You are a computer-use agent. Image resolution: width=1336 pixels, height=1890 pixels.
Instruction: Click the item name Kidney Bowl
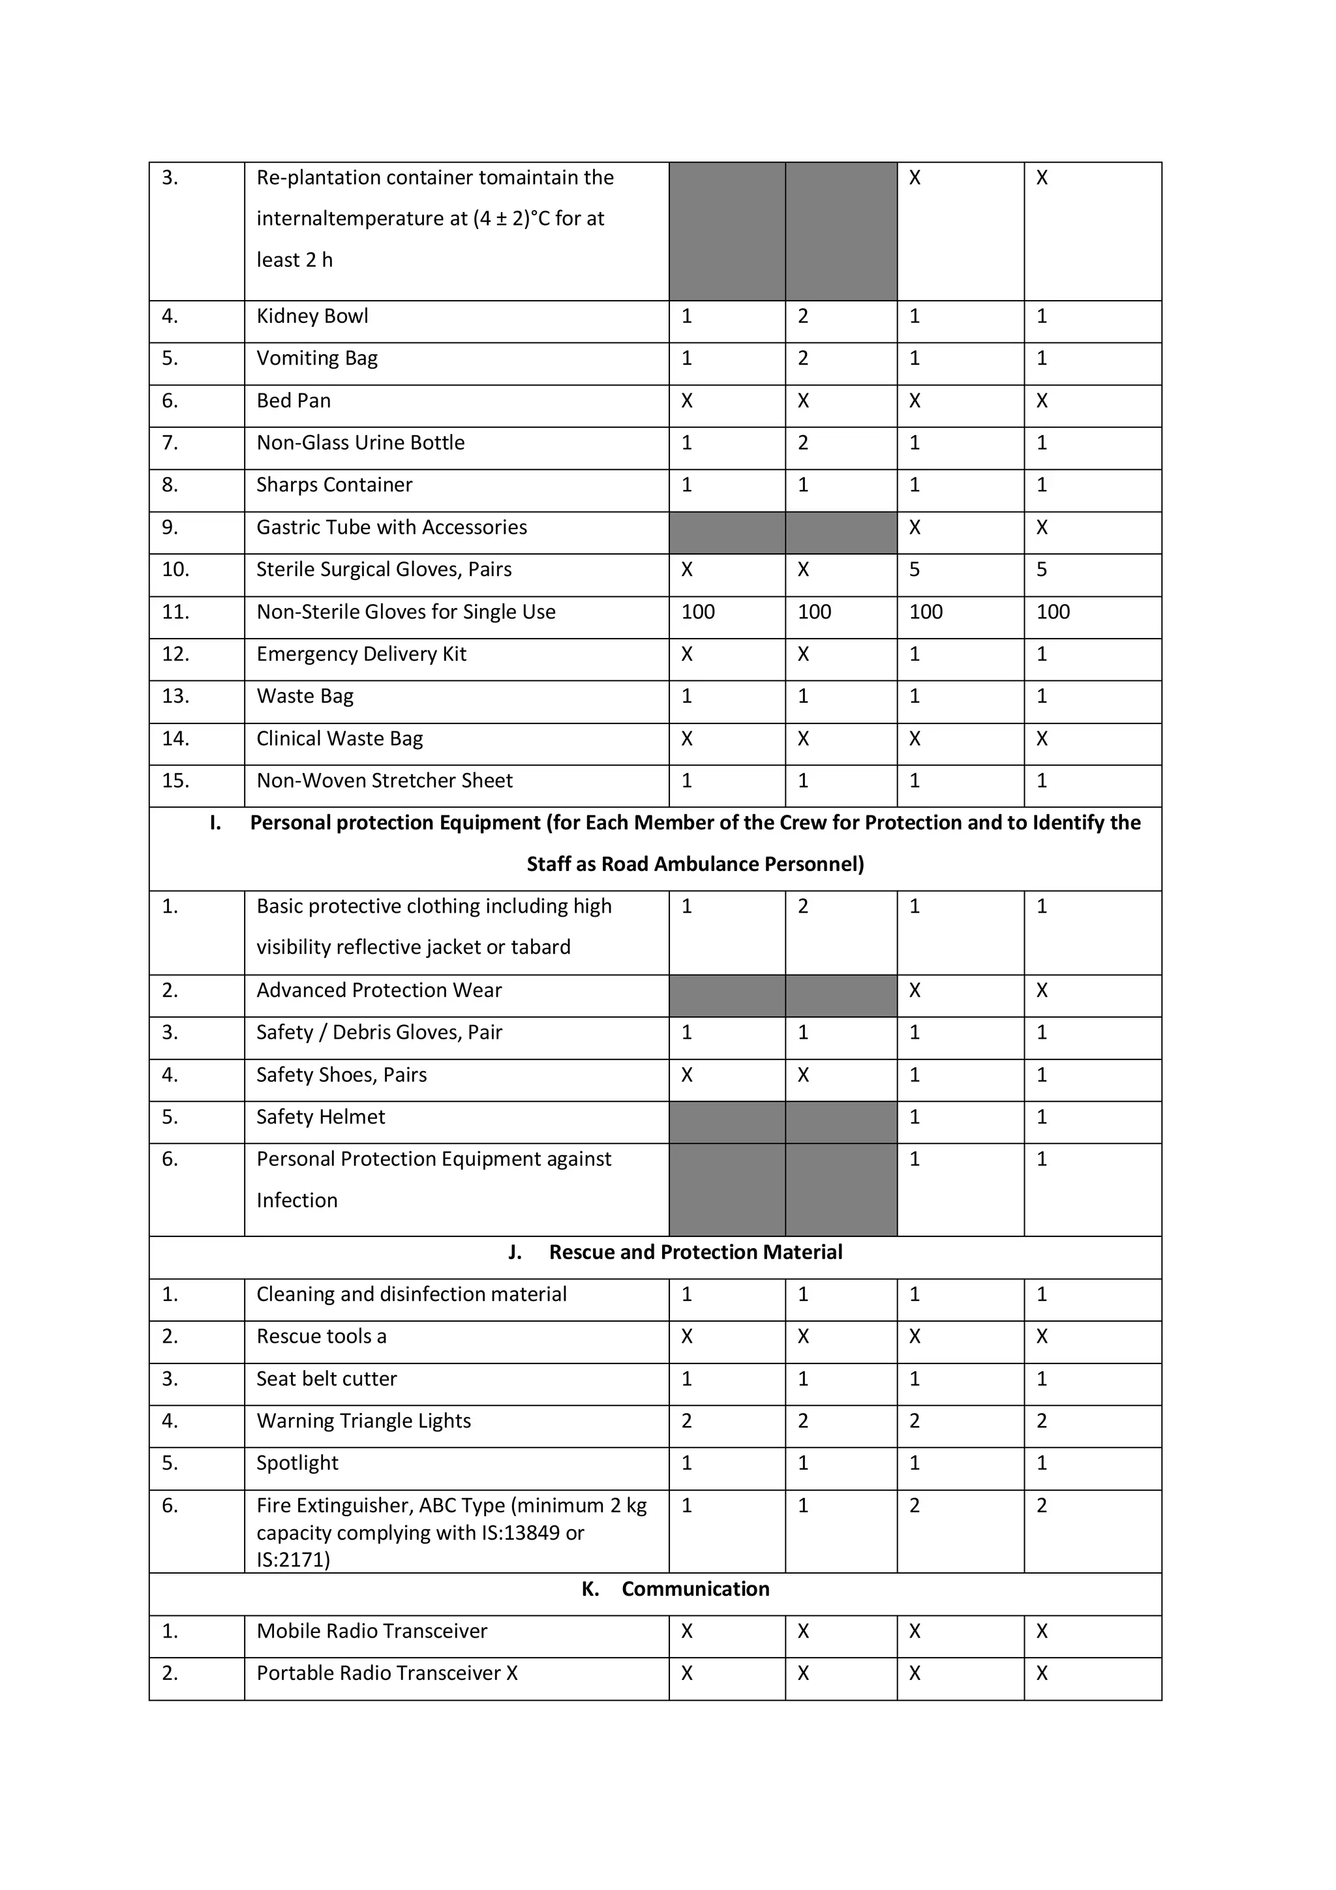point(312,317)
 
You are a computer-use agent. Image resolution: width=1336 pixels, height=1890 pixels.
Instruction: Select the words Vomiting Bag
point(317,359)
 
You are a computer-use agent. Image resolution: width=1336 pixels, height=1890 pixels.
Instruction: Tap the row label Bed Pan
point(293,401)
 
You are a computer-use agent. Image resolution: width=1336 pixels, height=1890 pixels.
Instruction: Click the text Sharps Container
point(334,485)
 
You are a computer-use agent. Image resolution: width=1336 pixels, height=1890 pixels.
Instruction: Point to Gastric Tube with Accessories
point(392,528)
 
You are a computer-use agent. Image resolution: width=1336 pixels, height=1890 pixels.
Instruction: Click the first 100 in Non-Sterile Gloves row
point(697,613)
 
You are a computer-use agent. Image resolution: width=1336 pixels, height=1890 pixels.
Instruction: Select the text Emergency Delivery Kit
point(361,654)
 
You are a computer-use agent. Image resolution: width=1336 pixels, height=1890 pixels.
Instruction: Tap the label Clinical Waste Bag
point(339,739)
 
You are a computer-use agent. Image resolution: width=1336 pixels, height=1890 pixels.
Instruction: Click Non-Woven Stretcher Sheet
point(384,781)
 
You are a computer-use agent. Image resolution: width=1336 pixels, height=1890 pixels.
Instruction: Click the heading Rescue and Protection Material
point(695,1253)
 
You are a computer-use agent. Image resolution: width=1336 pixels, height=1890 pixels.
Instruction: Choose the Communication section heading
point(695,1589)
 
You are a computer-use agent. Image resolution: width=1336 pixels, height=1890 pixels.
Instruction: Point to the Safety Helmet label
point(320,1118)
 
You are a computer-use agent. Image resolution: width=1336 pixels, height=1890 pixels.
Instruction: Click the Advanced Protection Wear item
point(378,990)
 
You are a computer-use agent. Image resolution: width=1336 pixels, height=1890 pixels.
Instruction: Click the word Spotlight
point(297,1463)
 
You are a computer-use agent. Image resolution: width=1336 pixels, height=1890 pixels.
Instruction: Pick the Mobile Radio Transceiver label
point(371,1632)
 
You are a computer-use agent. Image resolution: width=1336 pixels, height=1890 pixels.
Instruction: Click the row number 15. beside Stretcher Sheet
point(175,781)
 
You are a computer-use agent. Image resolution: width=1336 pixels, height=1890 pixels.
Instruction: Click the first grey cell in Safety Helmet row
point(726,1122)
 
